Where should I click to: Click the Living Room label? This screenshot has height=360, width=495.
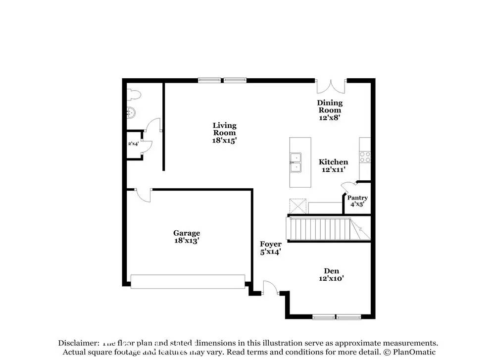(x=224, y=133)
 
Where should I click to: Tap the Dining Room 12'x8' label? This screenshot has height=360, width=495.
(x=330, y=110)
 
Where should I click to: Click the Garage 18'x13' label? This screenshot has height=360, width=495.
(x=187, y=236)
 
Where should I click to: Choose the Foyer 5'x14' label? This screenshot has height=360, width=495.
(x=271, y=248)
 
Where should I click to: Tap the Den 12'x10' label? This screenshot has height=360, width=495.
(x=331, y=274)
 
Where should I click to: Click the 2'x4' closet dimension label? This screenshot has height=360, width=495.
(x=133, y=144)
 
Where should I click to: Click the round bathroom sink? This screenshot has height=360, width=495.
(x=131, y=113)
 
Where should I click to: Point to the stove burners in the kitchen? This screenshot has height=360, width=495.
(x=365, y=157)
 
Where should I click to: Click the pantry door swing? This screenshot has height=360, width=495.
(x=348, y=187)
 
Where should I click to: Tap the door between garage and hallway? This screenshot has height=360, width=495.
(x=144, y=195)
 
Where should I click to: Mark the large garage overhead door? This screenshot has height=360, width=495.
(x=188, y=282)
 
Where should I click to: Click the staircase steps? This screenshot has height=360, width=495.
(x=319, y=229)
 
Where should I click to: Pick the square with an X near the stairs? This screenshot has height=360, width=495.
(x=298, y=206)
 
